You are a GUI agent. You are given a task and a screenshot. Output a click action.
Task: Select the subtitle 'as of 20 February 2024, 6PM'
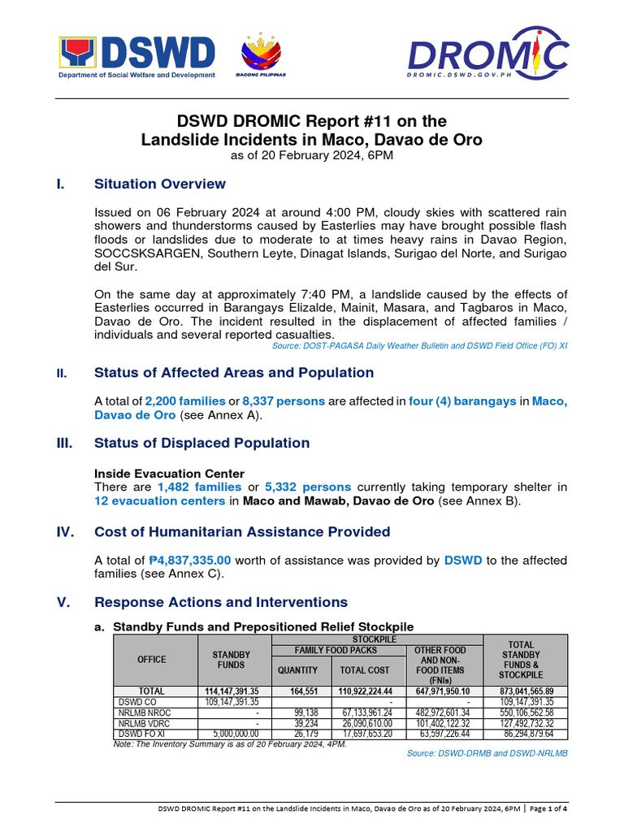pyautogui.click(x=311, y=155)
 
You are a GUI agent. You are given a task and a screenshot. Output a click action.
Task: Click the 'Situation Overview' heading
pyautogui.click(x=160, y=184)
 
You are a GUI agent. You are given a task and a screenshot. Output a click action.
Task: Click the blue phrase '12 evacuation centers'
pyautogui.click(x=159, y=500)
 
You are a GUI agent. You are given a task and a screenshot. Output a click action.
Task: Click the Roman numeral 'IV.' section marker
pyautogui.click(x=64, y=532)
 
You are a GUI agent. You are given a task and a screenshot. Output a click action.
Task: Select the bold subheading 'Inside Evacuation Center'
pyautogui.click(x=169, y=473)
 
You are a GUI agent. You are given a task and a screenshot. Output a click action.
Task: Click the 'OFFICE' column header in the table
pyautogui.click(x=152, y=660)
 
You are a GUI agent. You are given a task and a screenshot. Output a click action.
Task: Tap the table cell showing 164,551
pyautogui.click(x=298, y=691)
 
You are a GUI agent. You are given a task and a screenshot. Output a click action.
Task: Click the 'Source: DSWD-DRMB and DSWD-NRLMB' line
pyautogui.click(x=487, y=753)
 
